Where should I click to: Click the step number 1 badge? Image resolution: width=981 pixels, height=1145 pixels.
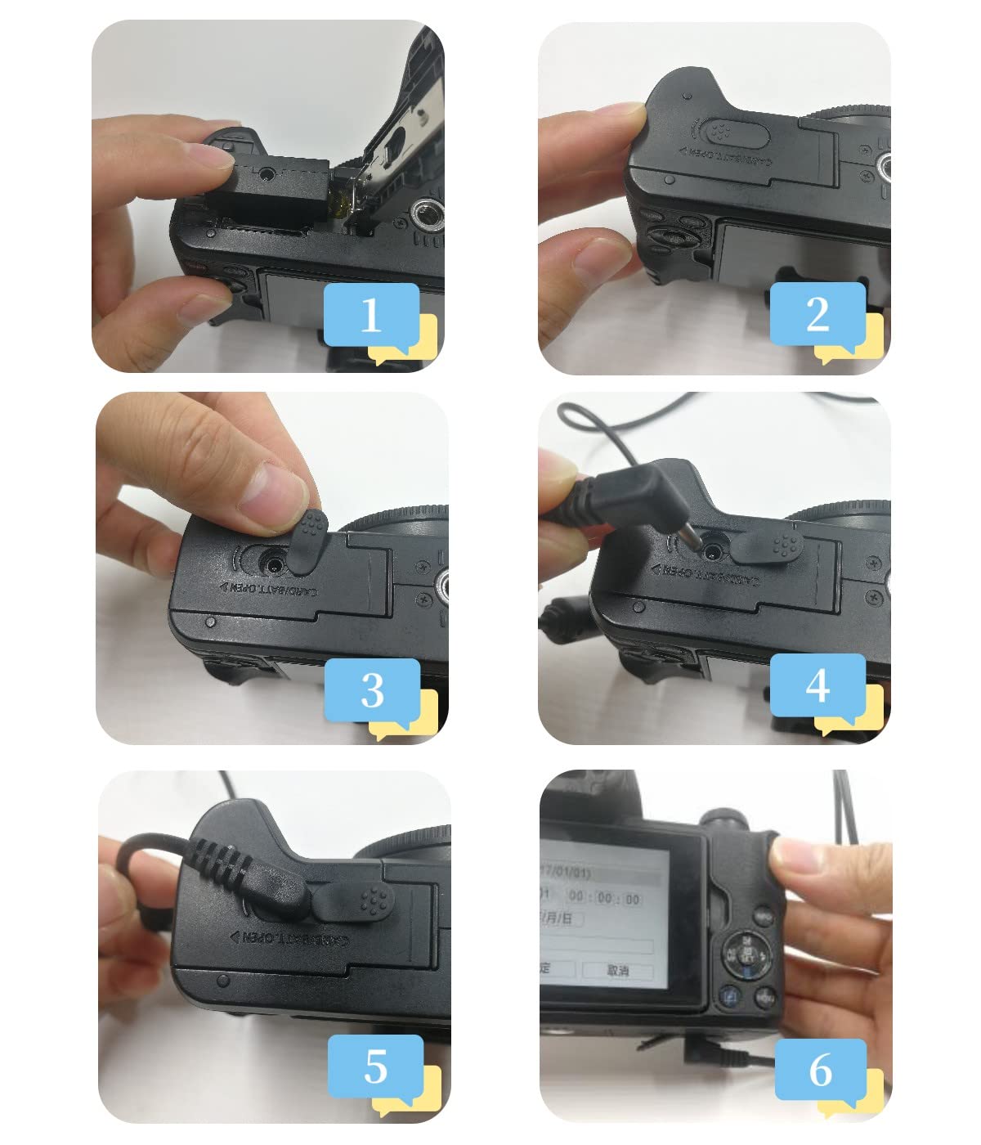coord(372,315)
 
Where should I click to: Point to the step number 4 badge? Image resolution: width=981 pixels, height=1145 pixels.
coord(817,685)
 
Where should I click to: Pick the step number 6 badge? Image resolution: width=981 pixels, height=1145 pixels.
coord(820,1070)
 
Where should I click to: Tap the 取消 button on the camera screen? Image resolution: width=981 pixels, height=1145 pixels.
coord(618,970)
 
